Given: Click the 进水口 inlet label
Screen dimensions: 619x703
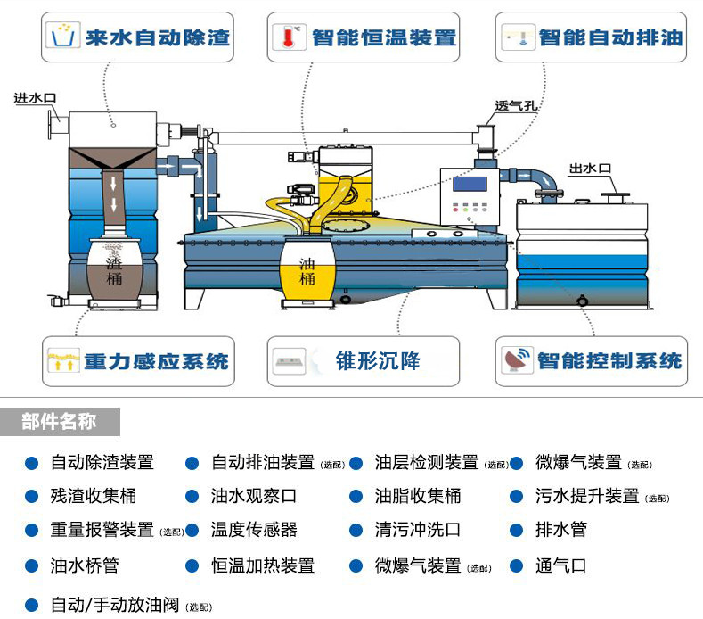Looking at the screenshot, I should [x=35, y=98].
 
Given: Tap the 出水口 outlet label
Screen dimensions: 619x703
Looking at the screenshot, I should [x=591, y=168].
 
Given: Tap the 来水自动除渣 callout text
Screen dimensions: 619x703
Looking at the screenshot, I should [x=158, y=37].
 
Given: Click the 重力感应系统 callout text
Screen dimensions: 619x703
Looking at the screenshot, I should [x=156, y=361].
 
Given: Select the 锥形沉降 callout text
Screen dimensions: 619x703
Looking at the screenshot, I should [x=378, y=361].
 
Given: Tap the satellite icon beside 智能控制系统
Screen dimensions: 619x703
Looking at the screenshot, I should [x=518, y=360].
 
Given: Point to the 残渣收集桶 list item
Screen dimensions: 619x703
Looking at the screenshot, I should [x=94, y=496].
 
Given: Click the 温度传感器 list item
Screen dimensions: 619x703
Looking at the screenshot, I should [x=254, y=530].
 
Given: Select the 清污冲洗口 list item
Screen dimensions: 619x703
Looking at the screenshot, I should [x=418, y=530].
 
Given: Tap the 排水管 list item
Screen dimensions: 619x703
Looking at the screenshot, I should [x=560, y=530].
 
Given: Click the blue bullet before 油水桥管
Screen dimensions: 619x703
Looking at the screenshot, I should [x=31, y=565].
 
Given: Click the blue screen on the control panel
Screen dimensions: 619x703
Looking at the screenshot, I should [x=470, y=185].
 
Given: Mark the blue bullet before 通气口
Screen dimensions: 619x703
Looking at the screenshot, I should [x=516, y=565].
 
